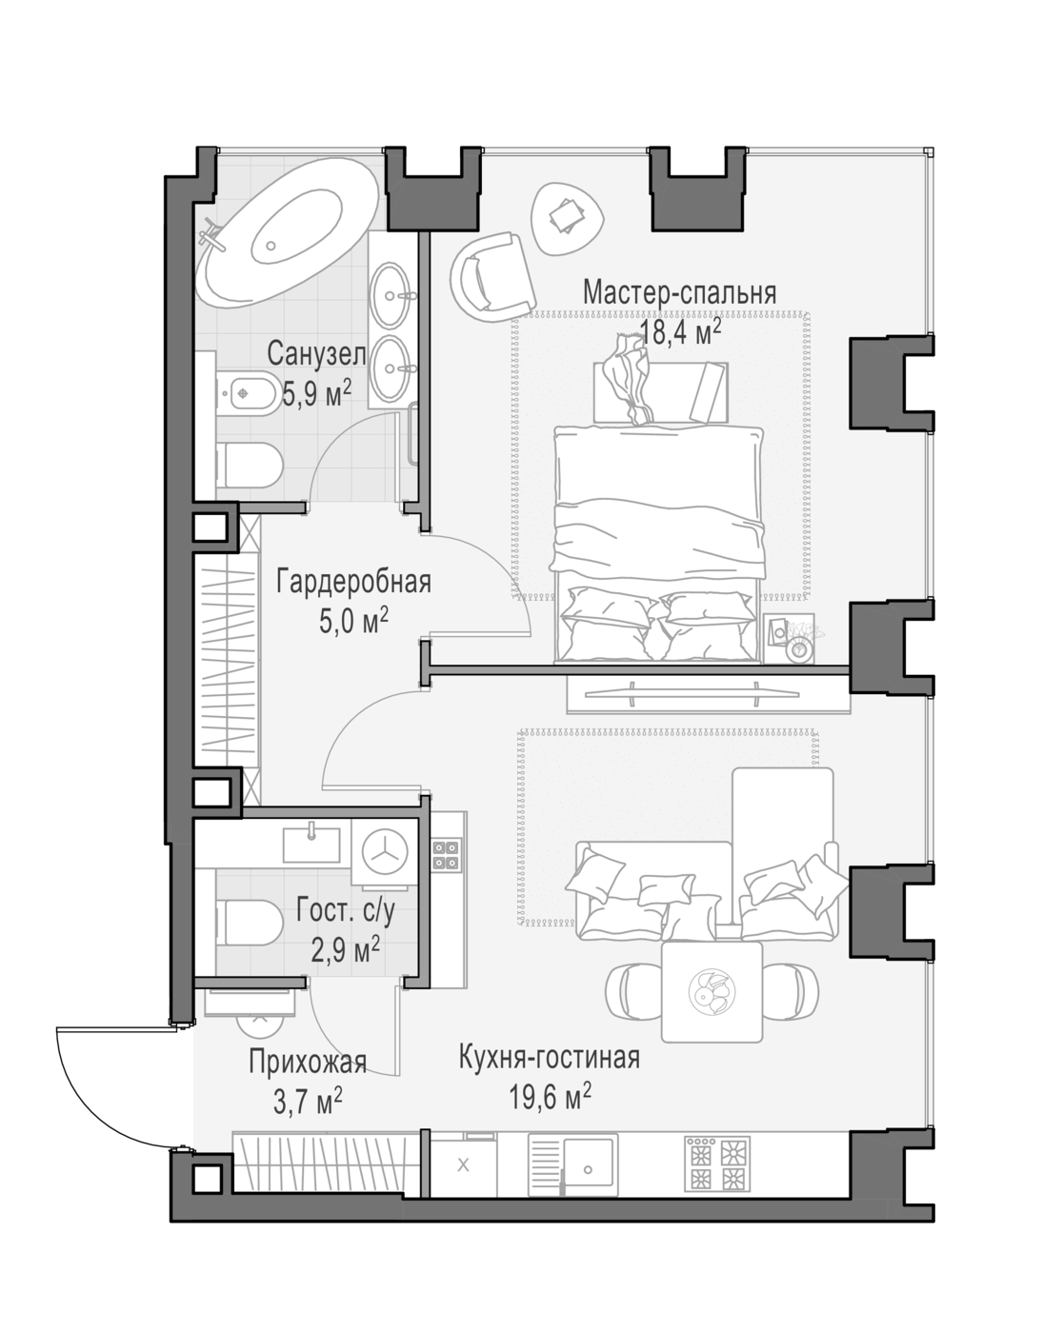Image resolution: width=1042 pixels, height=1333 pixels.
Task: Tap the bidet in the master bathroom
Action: pyautogui.click(x=246, y=392)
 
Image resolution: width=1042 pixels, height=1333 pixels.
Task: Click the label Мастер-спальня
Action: pyautogui.click(x=679, y=292)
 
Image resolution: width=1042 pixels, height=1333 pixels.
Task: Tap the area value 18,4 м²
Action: pyautogui.click(x=680, y=333)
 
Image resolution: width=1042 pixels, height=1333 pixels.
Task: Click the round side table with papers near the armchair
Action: pyautogui.click(x=567, y=219)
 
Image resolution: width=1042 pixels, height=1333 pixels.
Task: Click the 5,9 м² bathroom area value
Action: pyautogui.click(x=316, y=393)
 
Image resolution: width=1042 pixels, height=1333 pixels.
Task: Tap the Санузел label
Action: pyautogui.click(x=316, y=354)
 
